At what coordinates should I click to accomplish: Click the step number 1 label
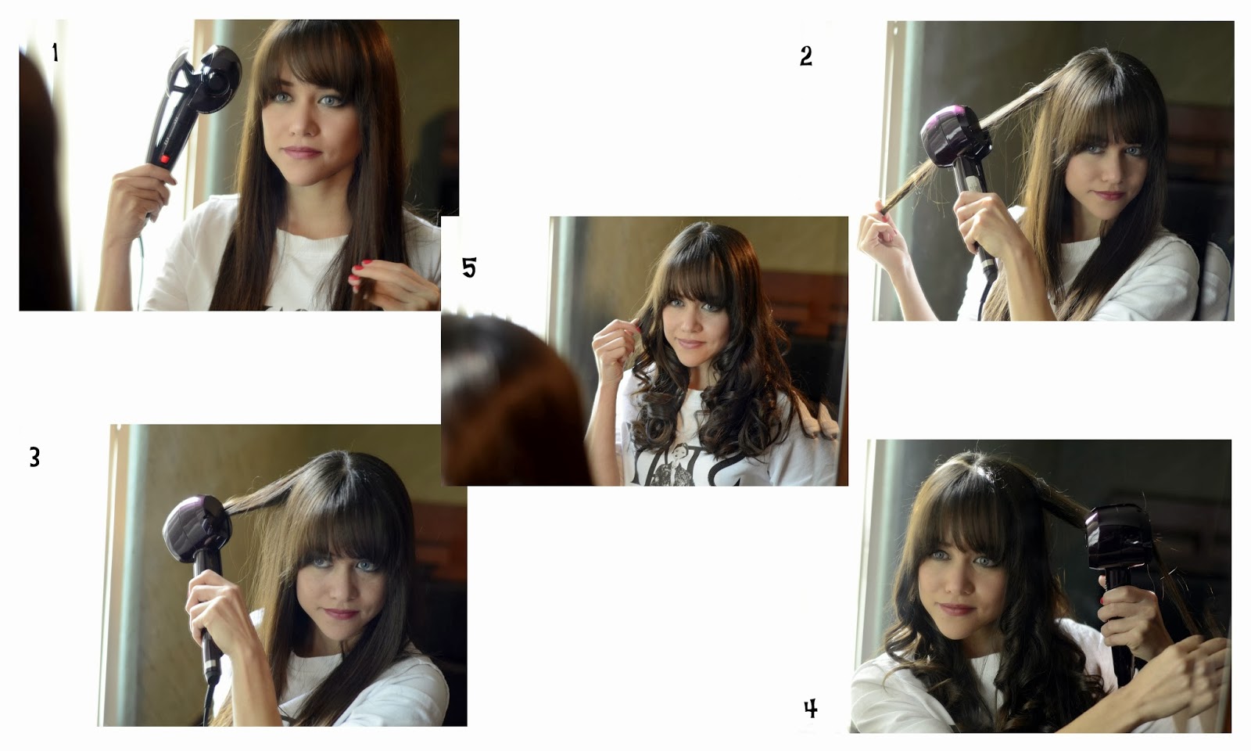click(x=55, y=52)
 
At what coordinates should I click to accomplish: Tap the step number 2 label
click(x=806, y=56)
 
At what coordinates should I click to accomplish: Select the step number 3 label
click(x=34, y=457)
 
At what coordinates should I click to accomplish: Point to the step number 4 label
click(x=810, y=709)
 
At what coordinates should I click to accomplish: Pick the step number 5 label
click(x=469, y=267)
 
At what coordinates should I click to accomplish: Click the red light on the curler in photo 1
click(x=165, y=160)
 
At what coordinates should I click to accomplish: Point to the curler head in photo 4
click(x=1119, y=537)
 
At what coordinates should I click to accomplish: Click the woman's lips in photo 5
click(x=690, y=343)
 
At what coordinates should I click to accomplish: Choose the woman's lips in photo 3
click(x=342, y=613)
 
